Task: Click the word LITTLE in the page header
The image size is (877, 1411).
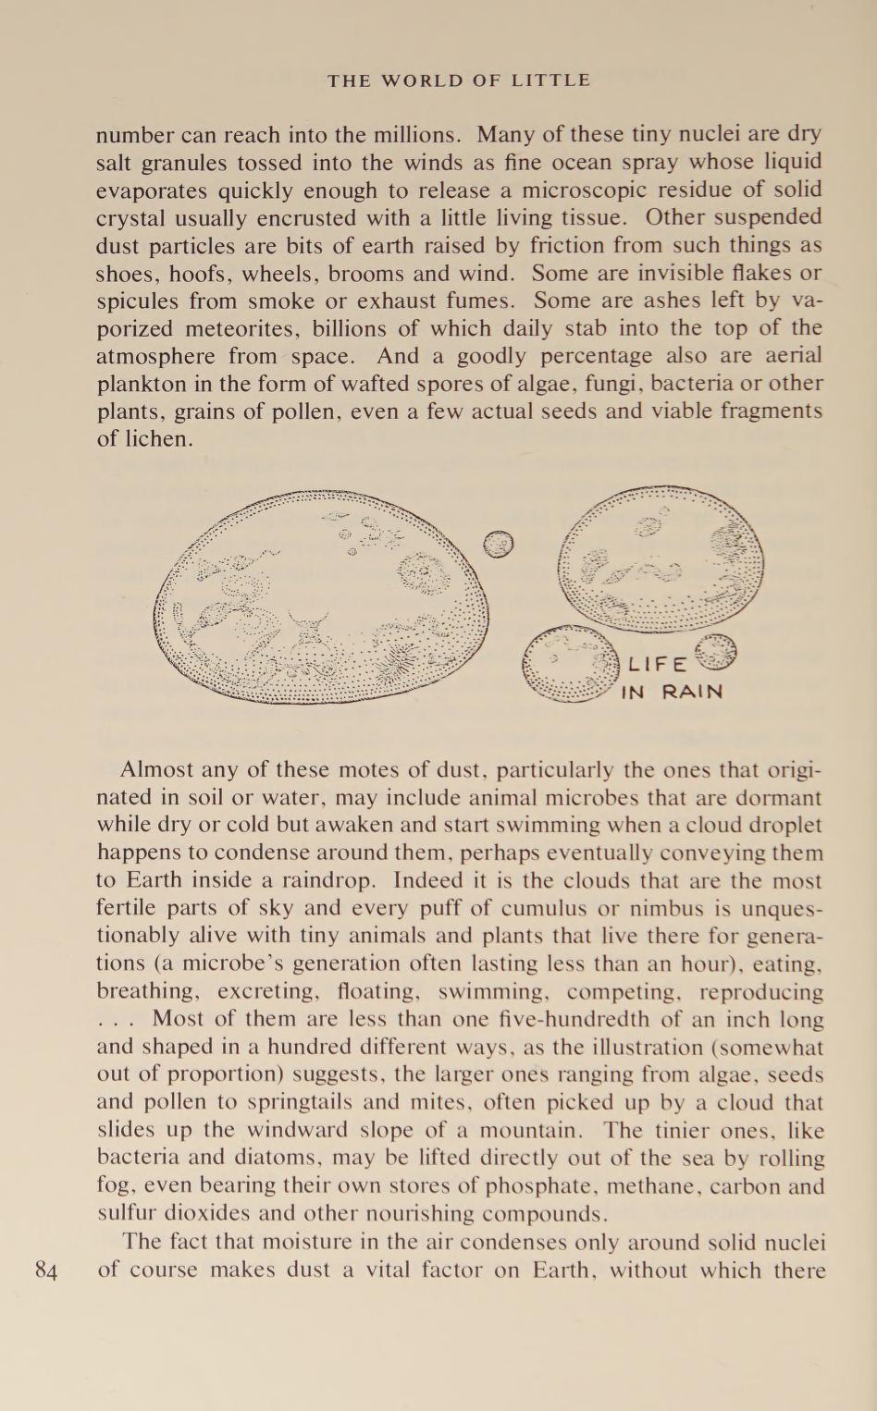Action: (550, 80)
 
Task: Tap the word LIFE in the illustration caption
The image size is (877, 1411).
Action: (658, 664)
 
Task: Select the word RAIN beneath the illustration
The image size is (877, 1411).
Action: (692, 692)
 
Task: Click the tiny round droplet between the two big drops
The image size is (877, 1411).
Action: (499, 545)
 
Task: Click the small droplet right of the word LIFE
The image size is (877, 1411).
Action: (719, 651)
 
